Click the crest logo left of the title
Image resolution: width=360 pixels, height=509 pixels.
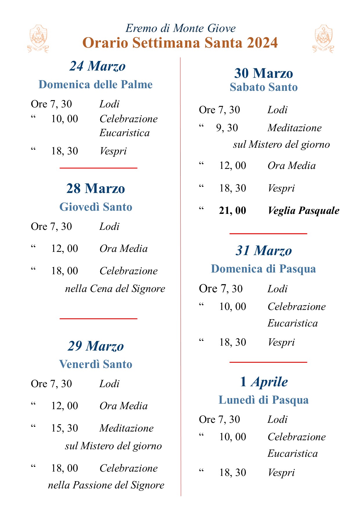(x=38, y=39)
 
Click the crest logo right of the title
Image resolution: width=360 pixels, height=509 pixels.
(x=323, y=39)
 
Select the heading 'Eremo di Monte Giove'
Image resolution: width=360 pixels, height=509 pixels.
(x=180, y=28)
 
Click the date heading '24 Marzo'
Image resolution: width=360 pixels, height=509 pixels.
(x=97, y=66)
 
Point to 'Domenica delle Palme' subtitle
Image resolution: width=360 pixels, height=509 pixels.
(x=96, y=84)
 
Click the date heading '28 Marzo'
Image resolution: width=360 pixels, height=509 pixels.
(x=96, y=188)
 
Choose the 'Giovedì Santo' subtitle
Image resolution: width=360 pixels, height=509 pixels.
(x=96, y=207)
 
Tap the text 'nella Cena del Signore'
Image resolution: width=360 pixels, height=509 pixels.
(x=115, y=288)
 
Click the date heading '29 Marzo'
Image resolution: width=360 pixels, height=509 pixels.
(x=96, y=346)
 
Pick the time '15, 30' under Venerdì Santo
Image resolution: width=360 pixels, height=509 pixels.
(x=64, y=428)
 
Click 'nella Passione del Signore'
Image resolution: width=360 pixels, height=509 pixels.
(x=106, y=485)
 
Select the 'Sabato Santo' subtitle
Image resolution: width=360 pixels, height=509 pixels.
(x=264, y=87)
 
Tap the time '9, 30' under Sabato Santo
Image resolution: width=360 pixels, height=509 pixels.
(x=227, y=128)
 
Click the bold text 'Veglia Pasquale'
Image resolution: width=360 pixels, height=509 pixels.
(x=303, y=210)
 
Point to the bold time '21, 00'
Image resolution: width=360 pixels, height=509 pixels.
(x=232, y=210)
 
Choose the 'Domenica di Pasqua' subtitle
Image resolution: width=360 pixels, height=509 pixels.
(x=263, y=269)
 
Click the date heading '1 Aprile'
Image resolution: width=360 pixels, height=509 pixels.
(x=264, y=382)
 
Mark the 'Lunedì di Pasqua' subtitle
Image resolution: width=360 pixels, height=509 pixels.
(x=263, y=400)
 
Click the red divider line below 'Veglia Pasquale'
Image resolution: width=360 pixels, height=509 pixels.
(x=268, y=233)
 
